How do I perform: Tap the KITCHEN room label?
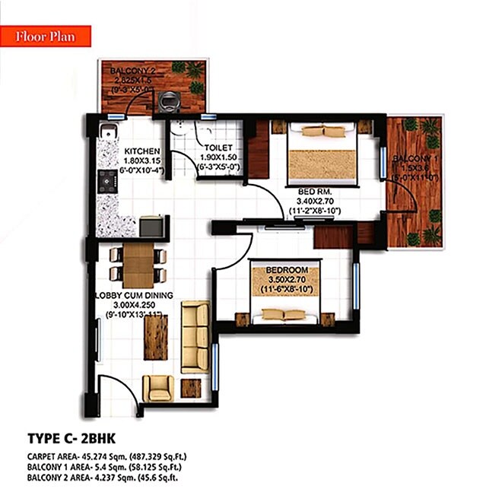click(141, 150)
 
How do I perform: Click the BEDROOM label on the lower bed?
click(287, 271)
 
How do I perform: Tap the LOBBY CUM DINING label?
click(134, 295)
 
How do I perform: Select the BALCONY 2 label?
click(135, 72)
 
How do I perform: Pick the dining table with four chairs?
click(138, 265)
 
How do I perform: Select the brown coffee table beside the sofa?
click(155, 337)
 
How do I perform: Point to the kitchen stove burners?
click(105, 180)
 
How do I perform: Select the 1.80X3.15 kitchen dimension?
click(141, 160)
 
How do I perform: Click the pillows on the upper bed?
click(324, 131)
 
